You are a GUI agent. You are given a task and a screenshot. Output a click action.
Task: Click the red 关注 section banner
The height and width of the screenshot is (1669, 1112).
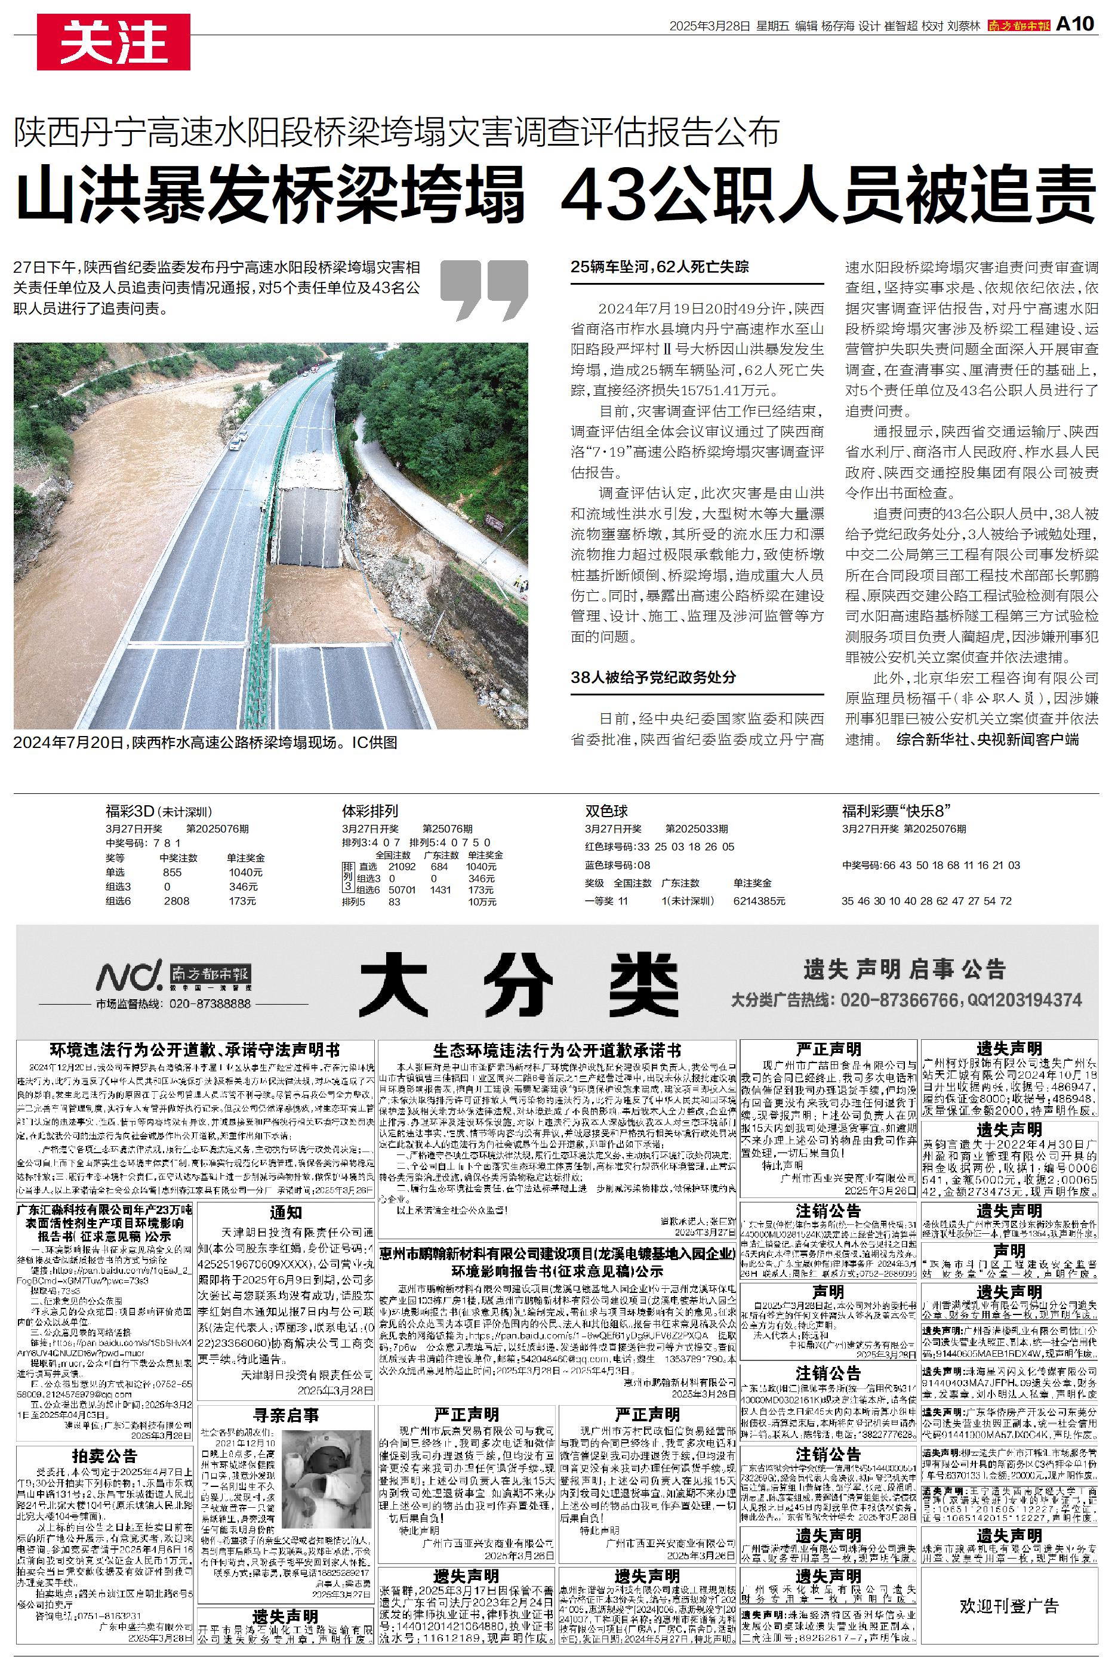tap(113, 42)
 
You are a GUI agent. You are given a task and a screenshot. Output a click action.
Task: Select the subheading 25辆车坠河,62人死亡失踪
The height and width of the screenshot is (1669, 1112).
tap(660, 267)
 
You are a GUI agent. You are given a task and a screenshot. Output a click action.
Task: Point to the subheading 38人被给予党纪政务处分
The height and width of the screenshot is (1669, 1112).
tap(653, 677)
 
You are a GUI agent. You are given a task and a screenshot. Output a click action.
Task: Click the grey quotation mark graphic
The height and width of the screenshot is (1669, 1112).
tap(483, 290)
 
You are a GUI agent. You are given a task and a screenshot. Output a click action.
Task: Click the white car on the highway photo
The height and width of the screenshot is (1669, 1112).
tap(235, 444)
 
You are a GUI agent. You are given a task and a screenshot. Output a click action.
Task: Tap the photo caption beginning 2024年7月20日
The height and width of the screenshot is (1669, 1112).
tap(206, 743)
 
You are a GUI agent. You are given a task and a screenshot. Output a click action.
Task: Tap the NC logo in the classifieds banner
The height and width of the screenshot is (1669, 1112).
tap(129, 977)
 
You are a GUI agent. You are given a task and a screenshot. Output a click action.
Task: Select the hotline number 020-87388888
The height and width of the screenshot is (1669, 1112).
tap(210, 1004)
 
